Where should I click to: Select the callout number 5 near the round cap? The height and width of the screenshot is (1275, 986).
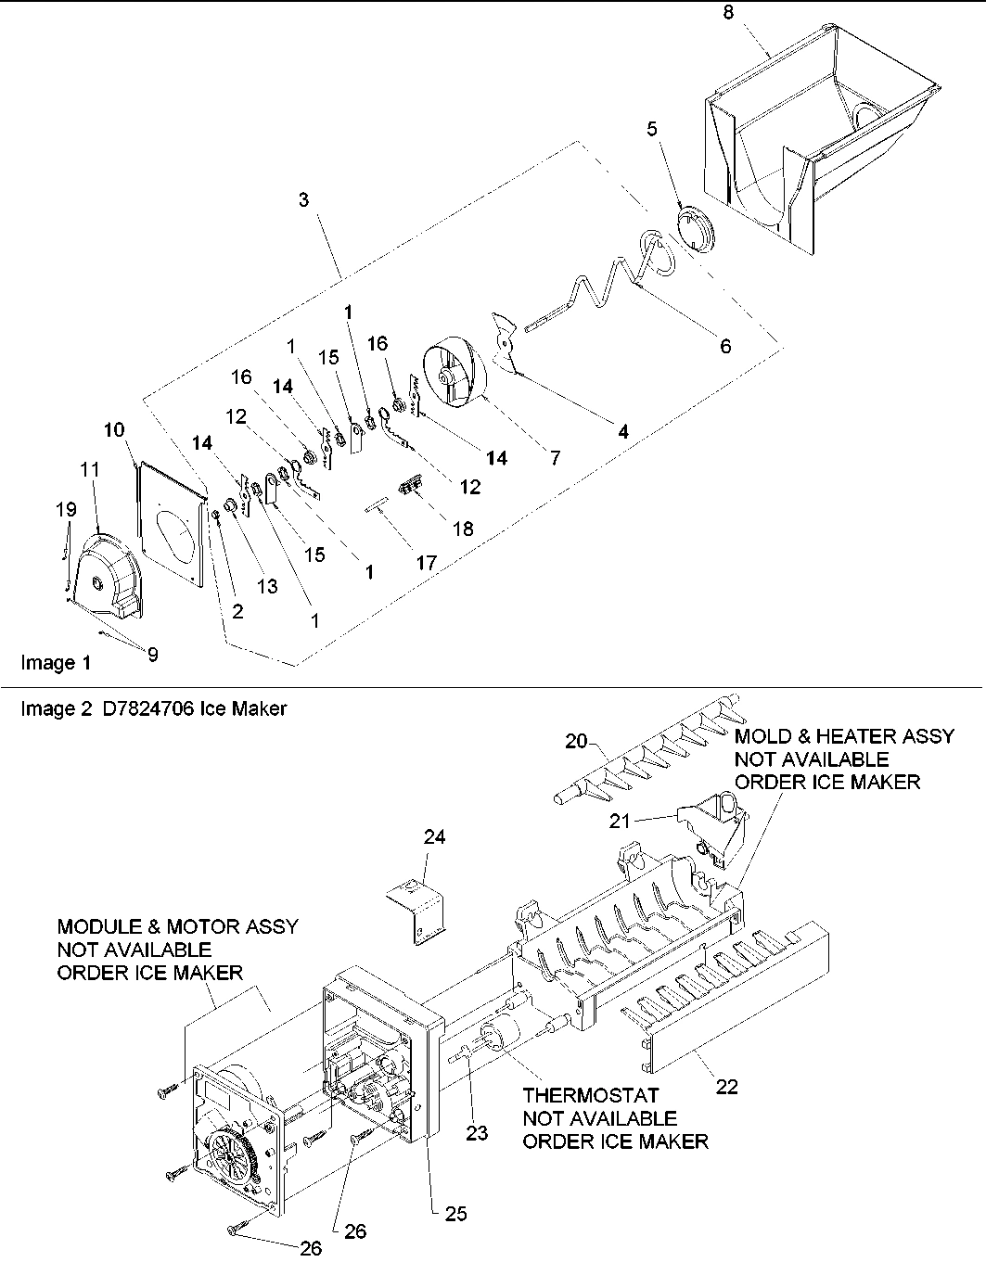click(652, 128)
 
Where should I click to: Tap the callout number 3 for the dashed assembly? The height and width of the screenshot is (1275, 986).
click(304, 201)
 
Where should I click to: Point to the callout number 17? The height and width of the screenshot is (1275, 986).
click(426, 563)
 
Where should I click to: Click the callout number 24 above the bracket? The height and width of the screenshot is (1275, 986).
click(434, 837)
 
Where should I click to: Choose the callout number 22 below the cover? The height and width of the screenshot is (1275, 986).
click(727, 1086)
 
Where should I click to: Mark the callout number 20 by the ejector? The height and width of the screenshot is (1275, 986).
click(577, 740)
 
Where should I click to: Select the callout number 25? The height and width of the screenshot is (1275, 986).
click(455, 1213)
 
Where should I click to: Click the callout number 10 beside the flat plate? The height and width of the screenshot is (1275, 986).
click(113, 429)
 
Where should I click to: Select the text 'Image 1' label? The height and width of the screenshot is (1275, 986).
click(48, 662)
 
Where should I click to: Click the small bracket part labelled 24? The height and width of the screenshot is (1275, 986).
click(417, 904)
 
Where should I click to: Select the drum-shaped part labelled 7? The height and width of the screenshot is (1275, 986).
click(455, 375)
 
